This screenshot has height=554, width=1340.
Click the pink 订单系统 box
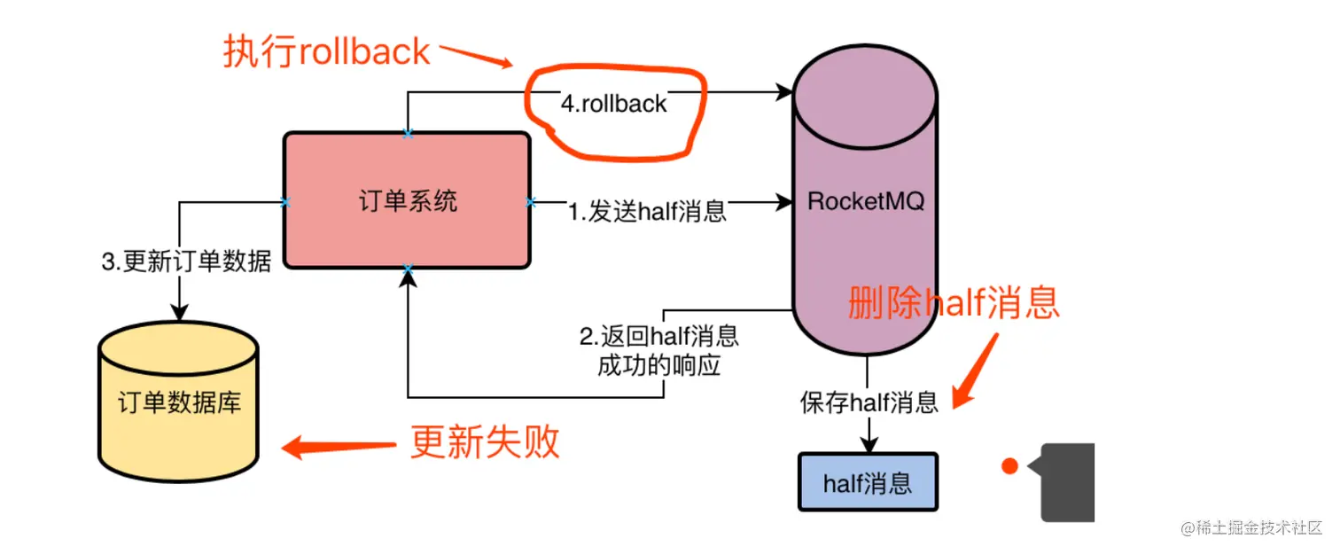[x=407, y=200]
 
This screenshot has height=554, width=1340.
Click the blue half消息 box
[x=868, y=482]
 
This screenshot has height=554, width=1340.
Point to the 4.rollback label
[x=613, y=104]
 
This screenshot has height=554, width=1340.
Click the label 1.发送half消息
[x=647, y=212]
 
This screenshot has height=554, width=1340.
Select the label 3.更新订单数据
[x=185, y=262]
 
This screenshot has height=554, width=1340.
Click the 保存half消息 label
[x=869, y=402]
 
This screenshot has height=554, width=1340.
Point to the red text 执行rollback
[x=326, y=52]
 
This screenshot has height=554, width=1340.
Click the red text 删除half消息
[x=954, y=303]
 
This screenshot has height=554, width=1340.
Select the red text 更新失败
[x=485, y=441]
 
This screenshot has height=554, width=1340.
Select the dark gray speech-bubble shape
[x=1068, y=482]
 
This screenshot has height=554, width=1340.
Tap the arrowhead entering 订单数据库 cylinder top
[x=179, y=313]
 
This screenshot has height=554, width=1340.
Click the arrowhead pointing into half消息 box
[x=869, y=443]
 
